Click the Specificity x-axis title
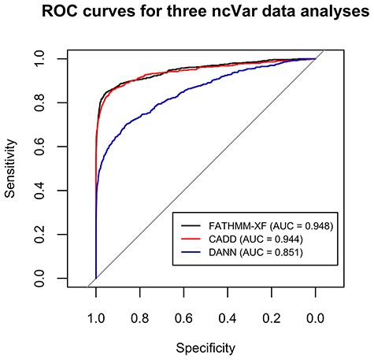pos(205,346)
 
